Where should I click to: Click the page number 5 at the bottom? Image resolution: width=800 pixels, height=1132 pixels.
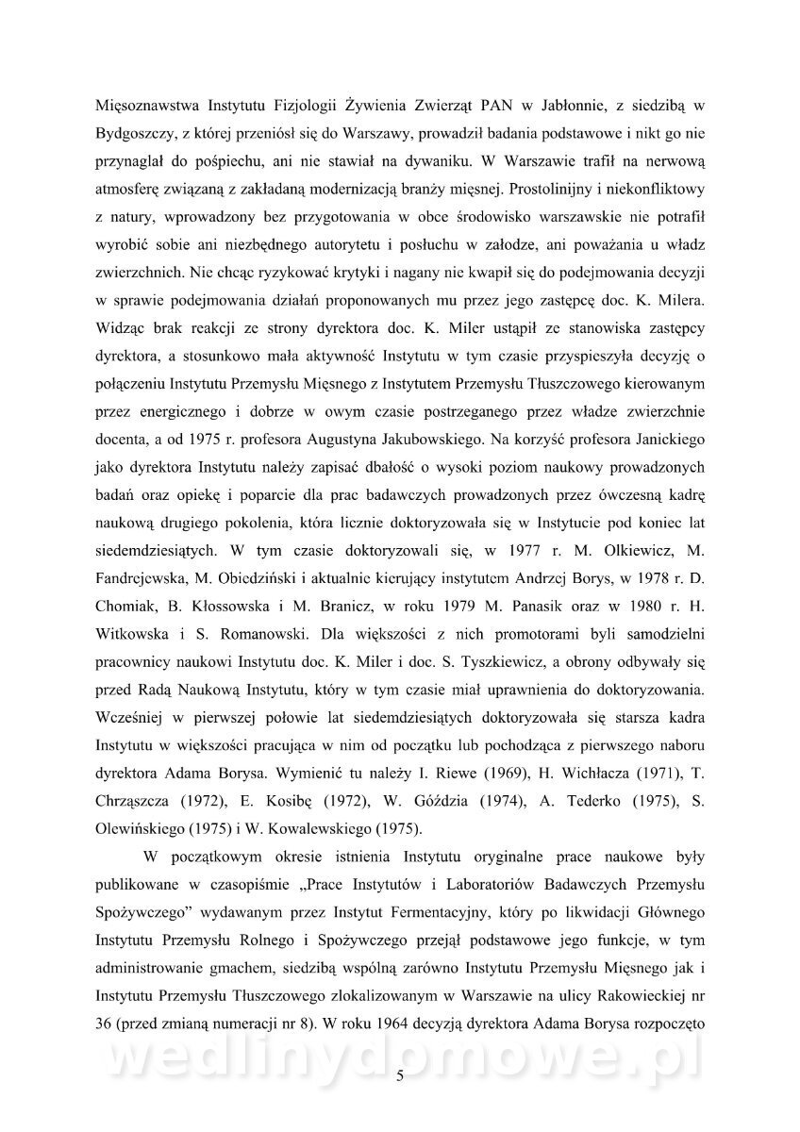pyautogui.click(x=401, y=1078)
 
